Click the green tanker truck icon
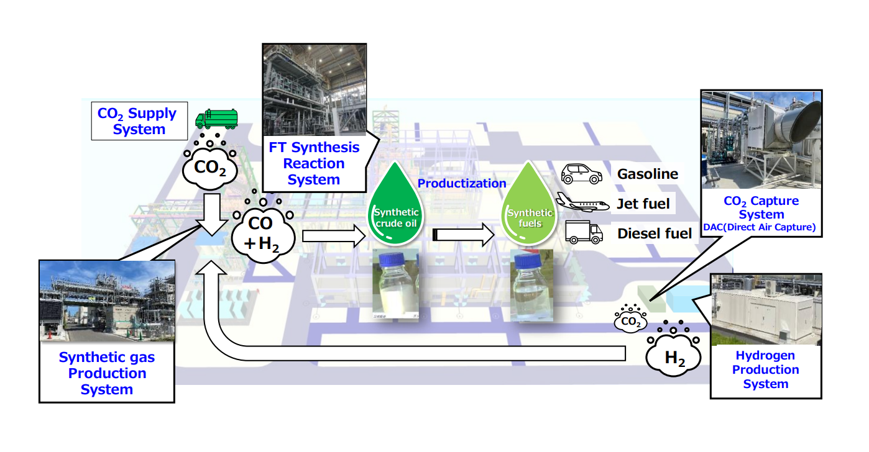click(x=216, y=119)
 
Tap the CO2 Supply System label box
click(x=139, y=121)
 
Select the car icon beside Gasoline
click(x=582, y=174)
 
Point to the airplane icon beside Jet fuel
click(x=582, y=202)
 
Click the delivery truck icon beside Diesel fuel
click(x=584, y=232)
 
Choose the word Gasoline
click(x=648, y=174)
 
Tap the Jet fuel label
click(x=643, y=204)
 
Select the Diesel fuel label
click(x=655, y=233)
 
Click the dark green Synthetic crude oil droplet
click(x=395, y=205)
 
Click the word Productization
click(x=462, y=183)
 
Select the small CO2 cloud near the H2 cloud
click(x=631, y=322)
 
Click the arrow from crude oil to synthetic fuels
click(x=463, y=235)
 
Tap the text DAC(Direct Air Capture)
click(x=760, y=227)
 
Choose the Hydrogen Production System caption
click(x=765, y=369)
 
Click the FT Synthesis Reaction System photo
click(x=315, y=90)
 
